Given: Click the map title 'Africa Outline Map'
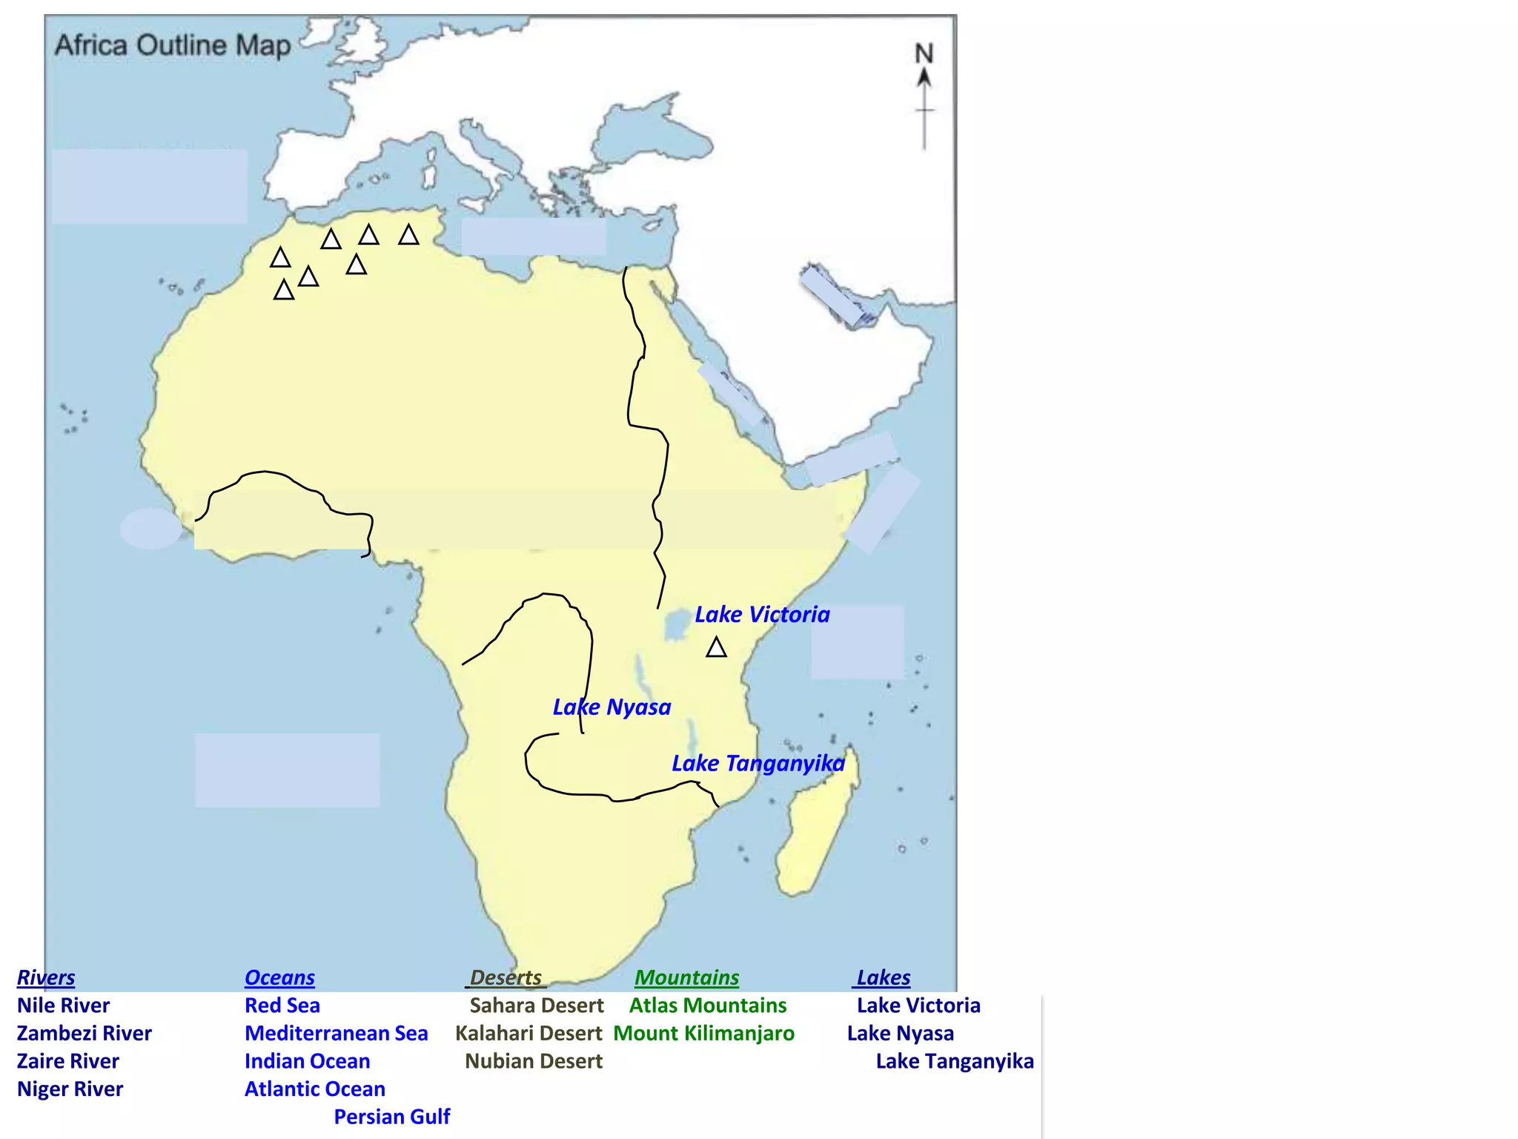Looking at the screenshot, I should pyautogui.click(x=173, y=45).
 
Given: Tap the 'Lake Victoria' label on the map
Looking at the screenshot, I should pyautogui.click(x=762, y=615).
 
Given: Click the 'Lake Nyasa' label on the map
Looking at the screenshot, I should pyautogui.click(x=611, y=707).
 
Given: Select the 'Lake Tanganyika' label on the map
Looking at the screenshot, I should pyautogui.click(x=758, y=764).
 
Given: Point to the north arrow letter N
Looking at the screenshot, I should pyautogui.click(x=924, y=53).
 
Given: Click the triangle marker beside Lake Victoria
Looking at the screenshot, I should pyautogui.click(x=716, y=648).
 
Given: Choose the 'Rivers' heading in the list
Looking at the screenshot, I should pyautogui.click(x=46, y=977).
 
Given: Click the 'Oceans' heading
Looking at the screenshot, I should pyautogui.click(x=279, y=977).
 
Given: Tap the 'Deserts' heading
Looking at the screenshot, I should pyautogui.click(x=506, y=977).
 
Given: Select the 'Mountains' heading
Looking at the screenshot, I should pyautogui.click(x=686, y=977).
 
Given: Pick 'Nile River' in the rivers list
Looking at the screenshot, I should pyautogui.click(x=63, y=1006).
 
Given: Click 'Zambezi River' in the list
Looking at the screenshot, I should pyautogui.click(x=84, y=1033).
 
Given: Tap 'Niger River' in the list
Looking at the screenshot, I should pyautogui.click(x=70, y=1089).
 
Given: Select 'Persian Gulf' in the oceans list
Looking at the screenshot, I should pyautogui.click(x=391, y=1117).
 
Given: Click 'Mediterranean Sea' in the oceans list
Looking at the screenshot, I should pyautogui.click(x=336, y=1033).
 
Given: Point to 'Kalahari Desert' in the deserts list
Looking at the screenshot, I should pyautogui.click(x=528, y=1033).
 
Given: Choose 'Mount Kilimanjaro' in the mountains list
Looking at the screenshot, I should pyautogui.click(x=703, y=1033).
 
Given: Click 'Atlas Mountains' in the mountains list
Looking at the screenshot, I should pyautogui.click(x=708, y=1006).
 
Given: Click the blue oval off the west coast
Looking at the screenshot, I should pyautogui.click(x=150, y=528).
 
